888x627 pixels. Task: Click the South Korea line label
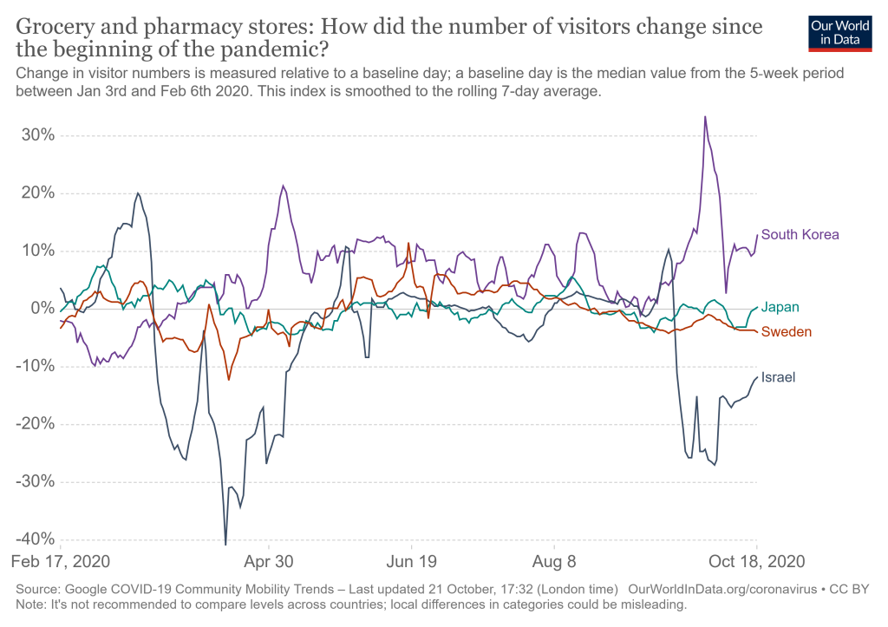pyautogui.click(x=800, y=234)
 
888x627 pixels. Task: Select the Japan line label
pyautogui.click(x=780, y=307)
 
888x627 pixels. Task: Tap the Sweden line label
pyautogui.click(x=786, y=332)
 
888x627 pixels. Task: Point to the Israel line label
pyautogui.click(x=778, y=377)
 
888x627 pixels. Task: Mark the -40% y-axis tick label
pyautogui.click(x=36, y=539)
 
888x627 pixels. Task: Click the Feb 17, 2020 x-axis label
pyautogui.click(x=60, y=561)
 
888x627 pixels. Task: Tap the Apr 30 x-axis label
pyautogui.click(x=270, y=561)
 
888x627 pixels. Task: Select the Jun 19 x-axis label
pyautogui.click(x=410, y=561)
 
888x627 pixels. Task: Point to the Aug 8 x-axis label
pyautogui.click(x=554, y=561)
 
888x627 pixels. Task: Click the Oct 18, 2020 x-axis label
pyautogui.click(x=756, y=561)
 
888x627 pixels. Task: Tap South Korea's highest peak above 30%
pyautogui.click(x=705, y=116)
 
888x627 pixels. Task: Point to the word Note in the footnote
pyautogui.click(x=30, y=604)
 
